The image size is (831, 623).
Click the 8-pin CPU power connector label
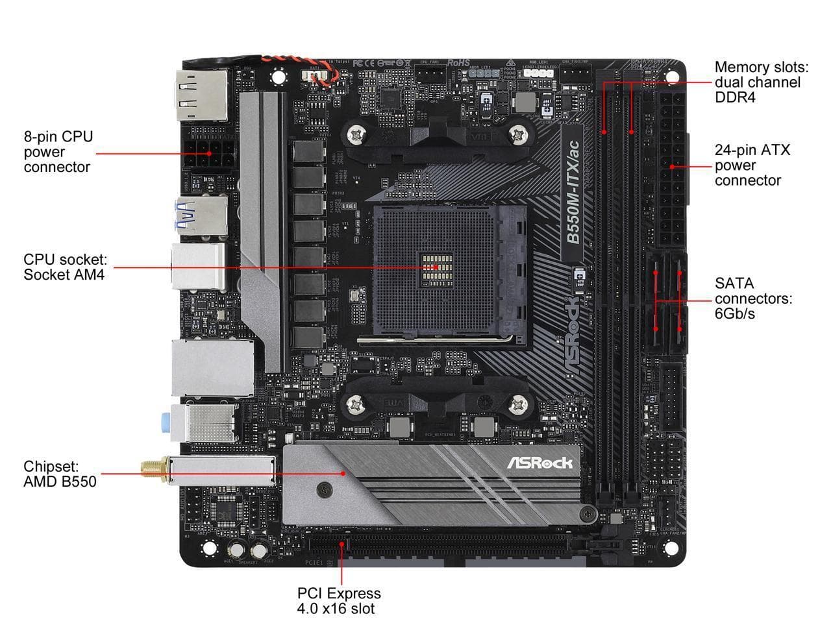click(x=58, y=152)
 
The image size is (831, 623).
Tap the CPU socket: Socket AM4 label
click(x=65, y=267)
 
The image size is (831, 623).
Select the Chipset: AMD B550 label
click(x=60, y=474)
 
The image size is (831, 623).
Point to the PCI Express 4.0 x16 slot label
click(x=339, y=600)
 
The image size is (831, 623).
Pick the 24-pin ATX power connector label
click(x=752, y=165)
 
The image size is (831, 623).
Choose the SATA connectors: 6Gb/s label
click(x=753, y=299)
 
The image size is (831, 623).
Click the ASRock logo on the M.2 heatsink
click(x=540, y=463)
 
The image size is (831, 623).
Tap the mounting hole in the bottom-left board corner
click(x=208, y=548)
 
